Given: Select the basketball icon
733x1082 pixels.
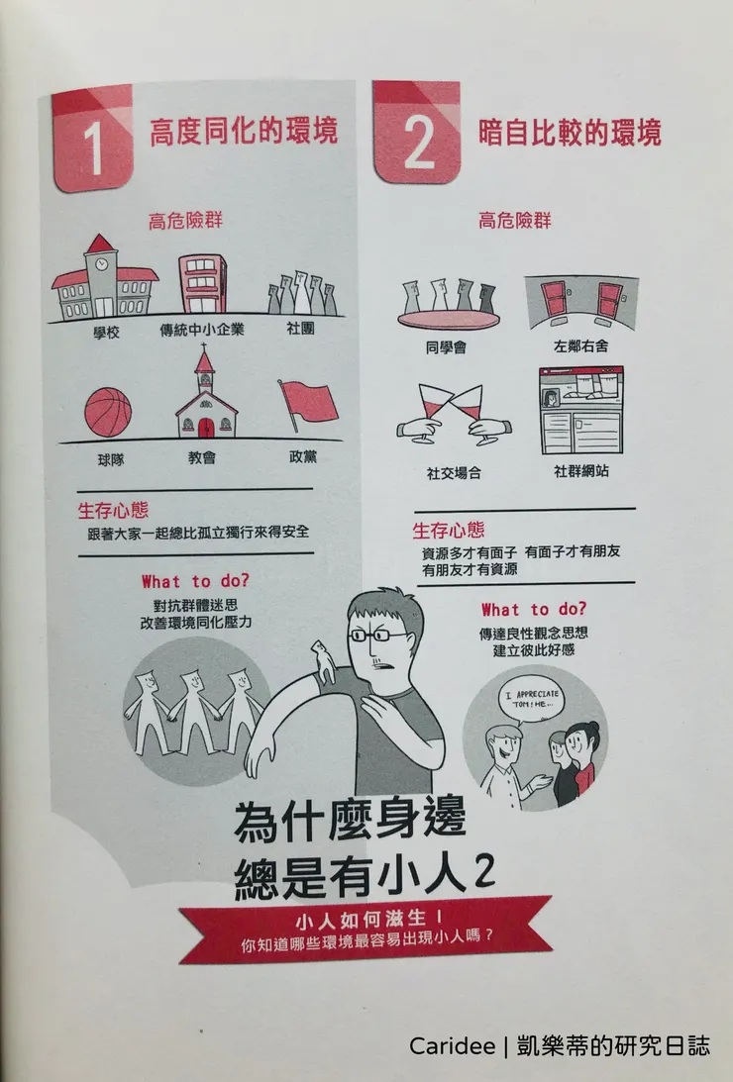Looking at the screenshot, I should pyautogui.click(x=108, y=413).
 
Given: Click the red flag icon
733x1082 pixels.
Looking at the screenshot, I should pyautogui.click(x=308, y=404).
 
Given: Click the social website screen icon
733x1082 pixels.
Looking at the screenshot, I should pyautogui.click(x=581, y=410).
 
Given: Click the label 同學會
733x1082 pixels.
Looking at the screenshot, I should pyautogui.click(x=445, y=348).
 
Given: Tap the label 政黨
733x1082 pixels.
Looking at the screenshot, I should pyautogui.click(x=303, y=459).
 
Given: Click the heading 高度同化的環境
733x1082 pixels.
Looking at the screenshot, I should pyautogui.click(x=244, y=132).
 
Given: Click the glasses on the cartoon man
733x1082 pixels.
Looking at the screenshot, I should pyautogui.click(x=376, y=635).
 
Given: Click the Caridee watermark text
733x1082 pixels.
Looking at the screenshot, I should pyautogui.click(x=559, y=1046).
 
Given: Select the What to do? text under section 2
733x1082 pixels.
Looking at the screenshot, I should pyautogui.click(x=533, y=609).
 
